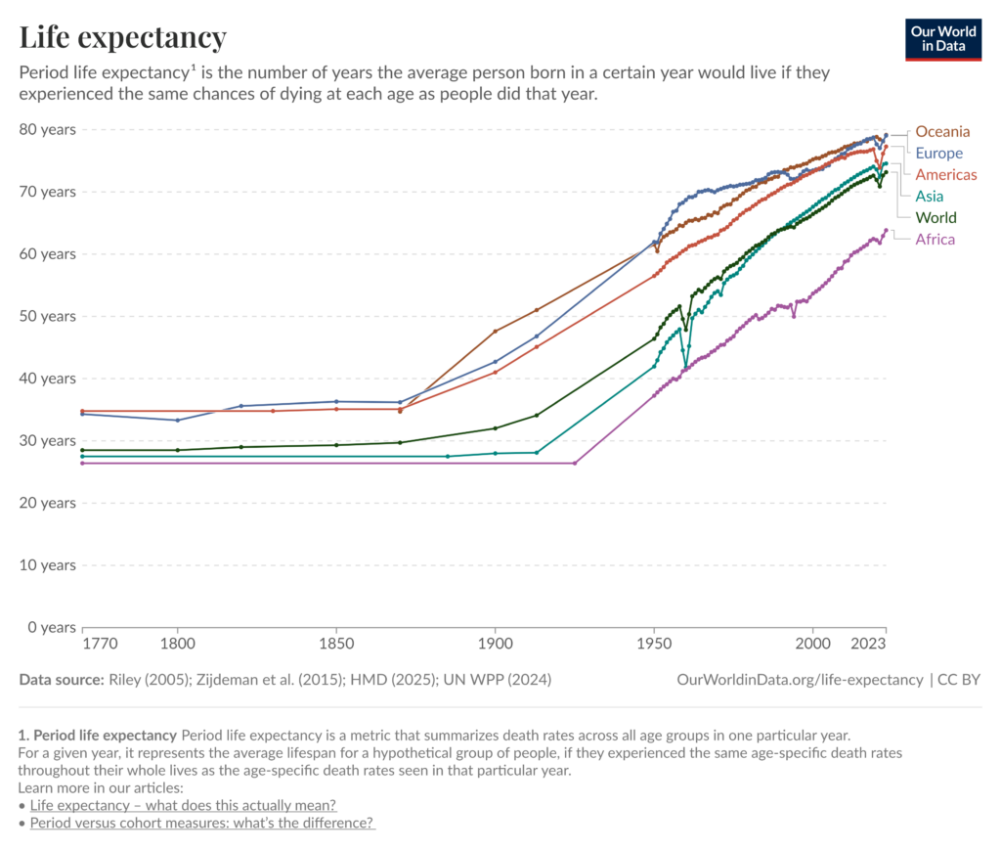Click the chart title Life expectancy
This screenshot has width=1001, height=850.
point(122,37)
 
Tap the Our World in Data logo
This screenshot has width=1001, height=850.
point(943,39)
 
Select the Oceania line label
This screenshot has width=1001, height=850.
point(942,131)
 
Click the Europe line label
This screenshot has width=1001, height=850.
point(938,154)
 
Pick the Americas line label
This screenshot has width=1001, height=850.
point(946,175)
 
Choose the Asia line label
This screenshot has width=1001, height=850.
point(929,196)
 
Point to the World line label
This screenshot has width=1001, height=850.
point(936,218)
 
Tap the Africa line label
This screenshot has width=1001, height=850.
point(936,240)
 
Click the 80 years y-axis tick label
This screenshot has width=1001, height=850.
point(47,130)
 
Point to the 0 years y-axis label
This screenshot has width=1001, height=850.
point(52,627)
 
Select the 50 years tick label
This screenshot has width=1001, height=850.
point(47,316)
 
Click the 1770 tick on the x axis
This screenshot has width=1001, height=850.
point(101,644)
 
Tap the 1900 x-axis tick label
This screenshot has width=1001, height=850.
point(496,644)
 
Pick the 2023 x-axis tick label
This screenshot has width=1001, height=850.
point(868,644)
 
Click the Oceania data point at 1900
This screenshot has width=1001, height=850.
point(496,332)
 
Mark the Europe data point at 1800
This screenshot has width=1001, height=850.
point(178,421)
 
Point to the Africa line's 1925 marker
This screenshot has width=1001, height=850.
point(575,463)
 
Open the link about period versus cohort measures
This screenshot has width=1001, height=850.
point(202,824)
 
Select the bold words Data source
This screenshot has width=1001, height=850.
point(62,680)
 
